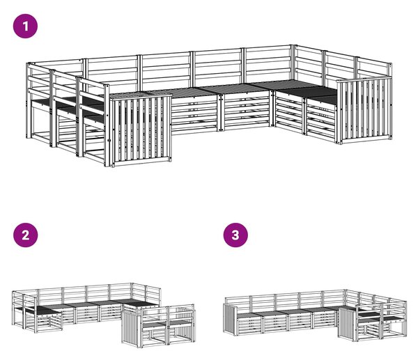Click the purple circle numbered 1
pos(25,26)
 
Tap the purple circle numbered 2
pos(25,235)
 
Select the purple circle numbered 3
pos(235,235)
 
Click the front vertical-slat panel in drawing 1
pos(141,130)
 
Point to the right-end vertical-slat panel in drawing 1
pos(364,110)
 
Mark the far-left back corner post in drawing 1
pos(28,100)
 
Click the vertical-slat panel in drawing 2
pos(131,327)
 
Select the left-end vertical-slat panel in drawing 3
pos(230,320)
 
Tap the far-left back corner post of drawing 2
pos(13,308)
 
